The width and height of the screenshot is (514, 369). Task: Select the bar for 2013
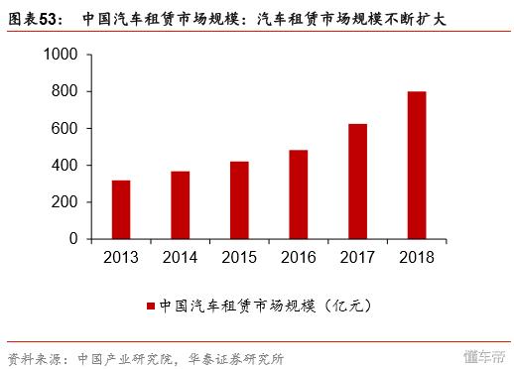point(121,209)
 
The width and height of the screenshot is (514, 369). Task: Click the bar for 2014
point(180,205)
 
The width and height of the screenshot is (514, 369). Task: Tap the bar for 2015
point(238,200)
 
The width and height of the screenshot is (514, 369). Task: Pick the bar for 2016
point(298,194)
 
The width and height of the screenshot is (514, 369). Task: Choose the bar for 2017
point(356,182)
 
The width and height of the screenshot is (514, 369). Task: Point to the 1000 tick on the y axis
point(62,56)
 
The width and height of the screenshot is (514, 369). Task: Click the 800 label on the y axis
point(66,92)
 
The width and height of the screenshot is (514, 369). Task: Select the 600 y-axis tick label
point(66,129)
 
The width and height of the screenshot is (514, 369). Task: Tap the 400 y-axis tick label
point(66,166)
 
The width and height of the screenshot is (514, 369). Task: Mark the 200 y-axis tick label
point(66,202)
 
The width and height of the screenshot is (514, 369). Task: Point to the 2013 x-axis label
point(121,258)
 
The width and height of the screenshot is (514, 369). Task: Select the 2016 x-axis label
point(298,258)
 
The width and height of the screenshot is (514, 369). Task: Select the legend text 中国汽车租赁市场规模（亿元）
point(265,307)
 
